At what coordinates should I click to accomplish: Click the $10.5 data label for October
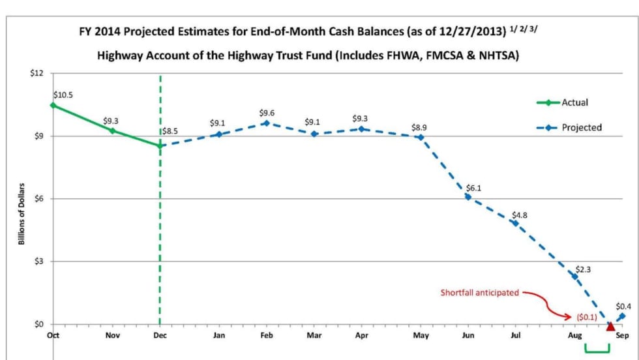click(x=63, y=95)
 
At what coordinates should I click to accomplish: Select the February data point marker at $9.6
click(x=265, y=123)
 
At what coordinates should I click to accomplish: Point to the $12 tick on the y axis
click(x=38, y=73)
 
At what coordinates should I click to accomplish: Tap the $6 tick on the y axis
click(x=40, y=199)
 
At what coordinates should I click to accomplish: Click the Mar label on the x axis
click(x=313, y=335)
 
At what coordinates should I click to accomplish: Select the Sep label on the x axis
click(x=622, y=335)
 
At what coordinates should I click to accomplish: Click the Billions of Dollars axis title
click(x=22, y=214)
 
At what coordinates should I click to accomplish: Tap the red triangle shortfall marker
click(x=610, y=326)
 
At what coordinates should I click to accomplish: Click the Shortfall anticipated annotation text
click(x=480, y=293)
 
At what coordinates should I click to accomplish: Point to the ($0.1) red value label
click(x=586, y=317)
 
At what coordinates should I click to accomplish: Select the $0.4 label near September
click(x=624, y=307)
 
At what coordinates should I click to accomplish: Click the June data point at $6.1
click(x=468, y=196)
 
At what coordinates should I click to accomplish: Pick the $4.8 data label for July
click(x=520, y=214)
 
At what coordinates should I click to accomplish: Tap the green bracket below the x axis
click(x=597, y=351)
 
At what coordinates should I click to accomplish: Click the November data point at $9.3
click(x=112, y=130)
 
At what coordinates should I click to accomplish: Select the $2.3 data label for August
click(x=583, y=269)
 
